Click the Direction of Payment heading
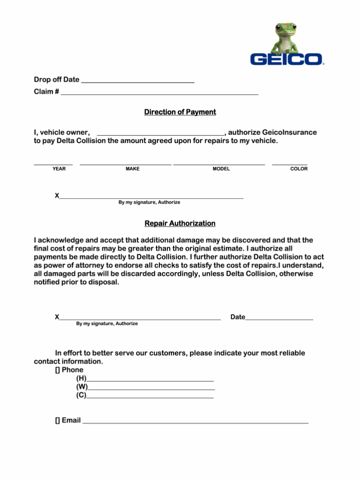click(x=180, y=112)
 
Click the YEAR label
click(x=59, y=169)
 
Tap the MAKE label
click(x=133, y=169)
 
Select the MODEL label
click(x=221, y=169)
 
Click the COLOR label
click(x=299, y=169)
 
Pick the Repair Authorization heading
click(x=180, y=223)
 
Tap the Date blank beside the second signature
click(x=279, y=319)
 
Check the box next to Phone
click(x=57, y=370)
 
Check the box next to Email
click(x=57, y=421)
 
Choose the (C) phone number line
click(x=150, y=397)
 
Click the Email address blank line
click(x=195, y=422)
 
